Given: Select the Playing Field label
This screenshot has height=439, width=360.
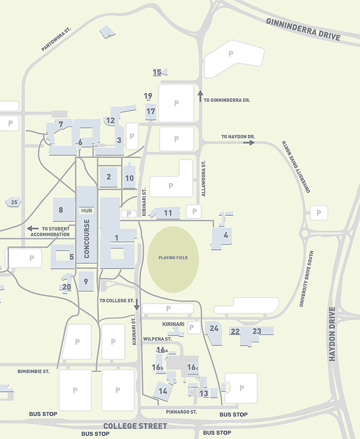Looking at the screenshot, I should pos(173,257).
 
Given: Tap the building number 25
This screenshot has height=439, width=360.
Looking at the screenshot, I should pos(14,202).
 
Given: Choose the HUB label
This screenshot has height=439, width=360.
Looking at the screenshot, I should pos(86,210).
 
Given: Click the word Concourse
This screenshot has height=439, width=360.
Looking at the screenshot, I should pos(86,239).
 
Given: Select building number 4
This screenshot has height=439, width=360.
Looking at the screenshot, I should pos(226,235).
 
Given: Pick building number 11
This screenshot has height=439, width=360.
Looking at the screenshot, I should pos(168,213).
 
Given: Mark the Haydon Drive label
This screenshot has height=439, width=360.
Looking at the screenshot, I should pos(332,334).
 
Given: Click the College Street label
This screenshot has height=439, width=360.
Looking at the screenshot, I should pos(135,426).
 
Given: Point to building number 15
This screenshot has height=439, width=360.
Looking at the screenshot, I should pos(157,72).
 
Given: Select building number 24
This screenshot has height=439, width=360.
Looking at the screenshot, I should pos(214,328).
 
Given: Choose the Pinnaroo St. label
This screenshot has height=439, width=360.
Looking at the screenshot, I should pos(181,411).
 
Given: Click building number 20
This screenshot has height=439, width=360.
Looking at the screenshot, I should pos(67,287).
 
